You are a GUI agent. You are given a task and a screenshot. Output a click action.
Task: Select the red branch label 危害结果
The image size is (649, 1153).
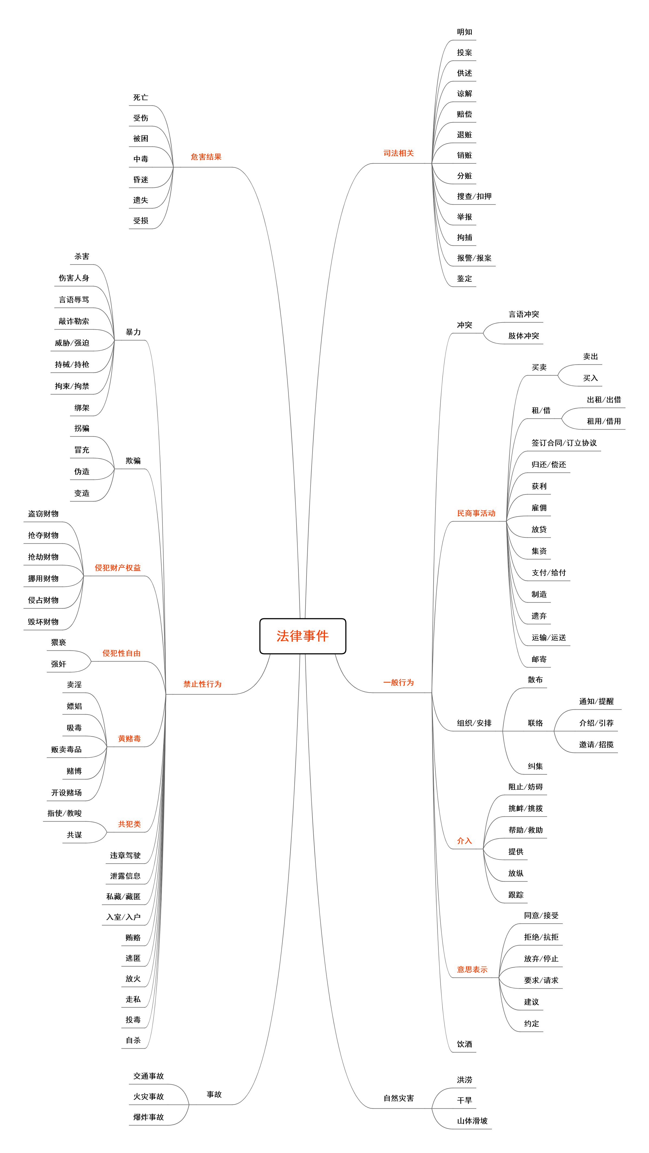pyautogui.click(x=206, y=157)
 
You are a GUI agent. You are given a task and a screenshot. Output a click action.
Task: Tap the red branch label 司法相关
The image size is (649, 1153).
pyautogui.click(x=398, y=153)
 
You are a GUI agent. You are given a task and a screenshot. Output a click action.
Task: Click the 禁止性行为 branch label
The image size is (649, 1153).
pyautogui.click(x=202, y=684)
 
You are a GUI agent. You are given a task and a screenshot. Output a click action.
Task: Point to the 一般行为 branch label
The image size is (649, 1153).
pyautogui.click(x=398, y=683)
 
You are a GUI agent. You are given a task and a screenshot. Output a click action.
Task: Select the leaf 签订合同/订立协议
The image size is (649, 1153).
pyautogui.click(x=564, y=443)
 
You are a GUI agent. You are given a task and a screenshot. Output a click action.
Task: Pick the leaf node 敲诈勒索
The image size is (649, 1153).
pyautogui.click(x=74, y=321)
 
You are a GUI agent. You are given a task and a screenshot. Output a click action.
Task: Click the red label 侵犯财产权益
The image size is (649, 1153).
pyautogui.click(x=118, y=567)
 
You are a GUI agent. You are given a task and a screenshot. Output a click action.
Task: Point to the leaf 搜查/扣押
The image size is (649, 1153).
pyautogui.click(x=474, y=196)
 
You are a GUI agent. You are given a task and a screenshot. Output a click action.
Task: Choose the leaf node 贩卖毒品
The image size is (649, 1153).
pyautogui.click(x=66, y=749)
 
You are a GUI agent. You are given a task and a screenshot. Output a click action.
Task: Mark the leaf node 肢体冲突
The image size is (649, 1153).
pyautogui.click(x=523, y=336)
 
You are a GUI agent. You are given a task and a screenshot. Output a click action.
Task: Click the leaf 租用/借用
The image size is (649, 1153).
pyautogui.click(x=604, y=421)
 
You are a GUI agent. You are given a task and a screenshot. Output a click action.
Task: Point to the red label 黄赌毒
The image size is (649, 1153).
pyautogui.click(x=129, y=739)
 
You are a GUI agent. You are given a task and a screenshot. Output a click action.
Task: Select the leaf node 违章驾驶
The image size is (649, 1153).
pyautogui.click(x=125, y=855)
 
